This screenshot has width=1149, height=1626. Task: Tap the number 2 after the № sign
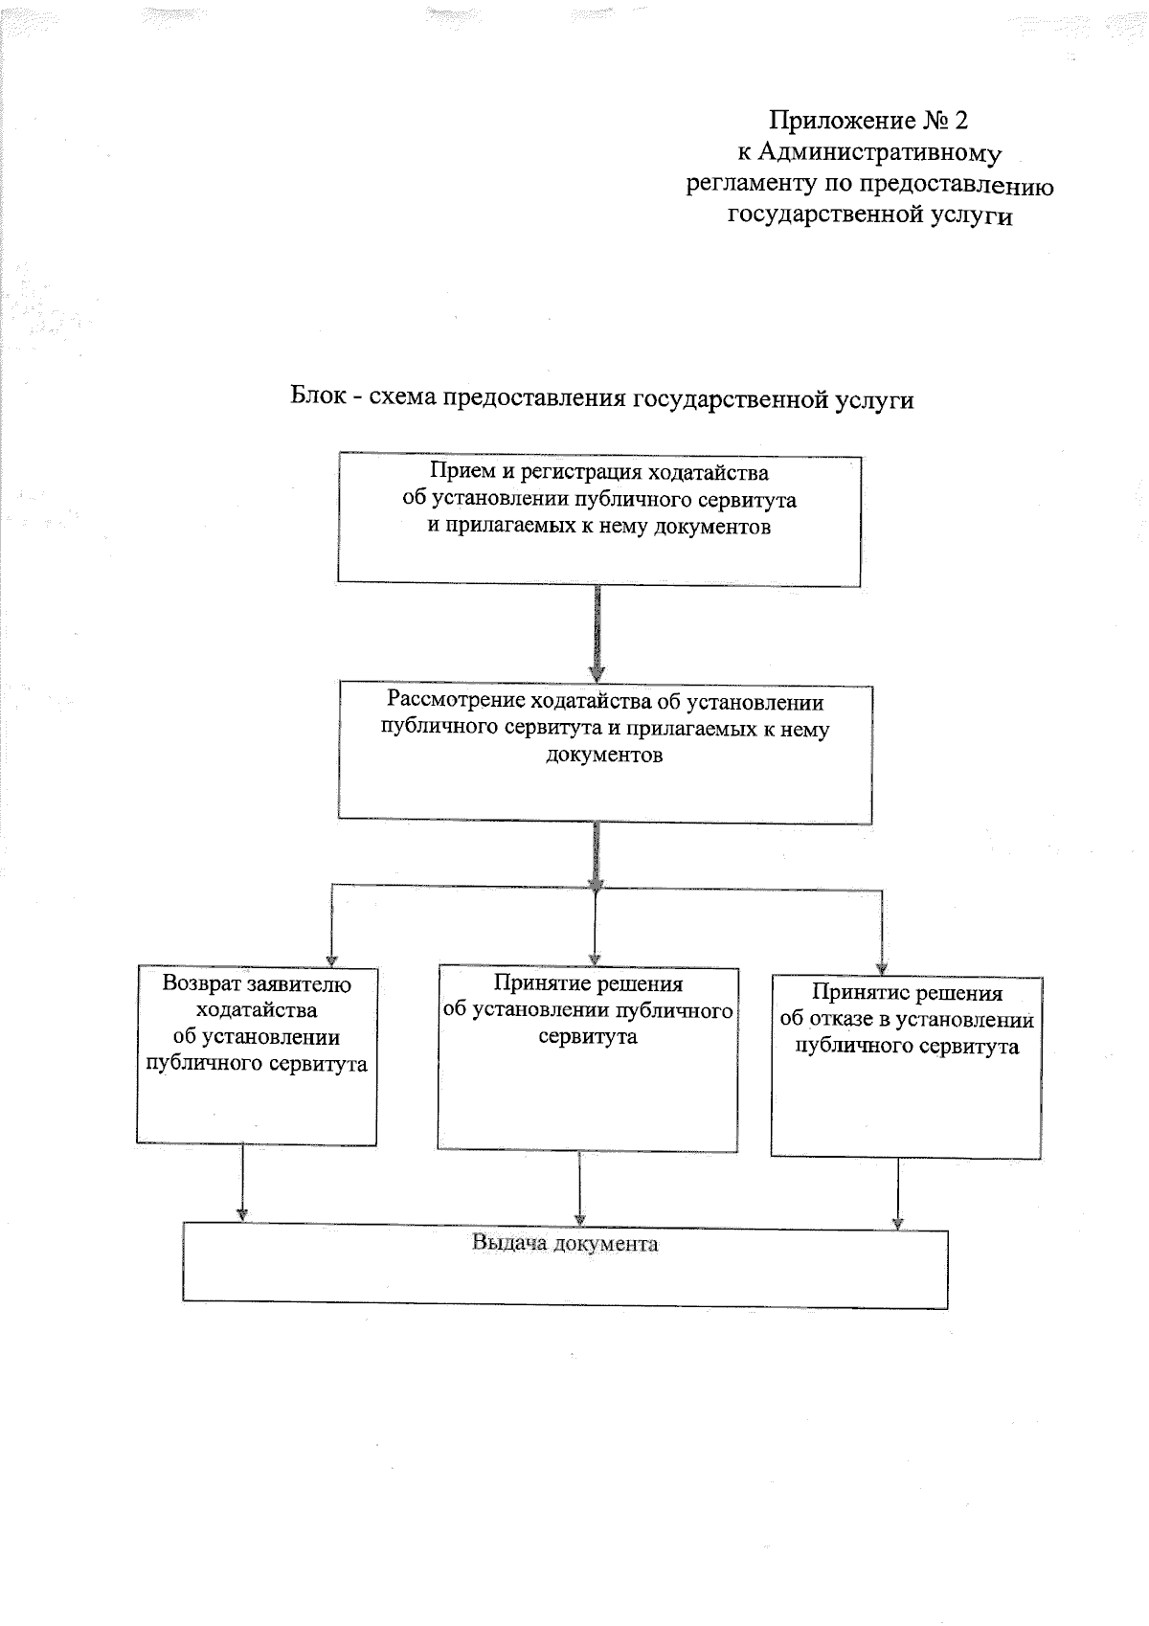tap(960, 121)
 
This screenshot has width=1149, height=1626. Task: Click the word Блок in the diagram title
tap(313, 398)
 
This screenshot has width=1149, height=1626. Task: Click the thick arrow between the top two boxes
tap(597, 633)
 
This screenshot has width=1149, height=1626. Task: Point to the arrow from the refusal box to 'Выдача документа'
tap(898, 1192)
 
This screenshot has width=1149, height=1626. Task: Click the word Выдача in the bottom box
tap(507, 1244)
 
